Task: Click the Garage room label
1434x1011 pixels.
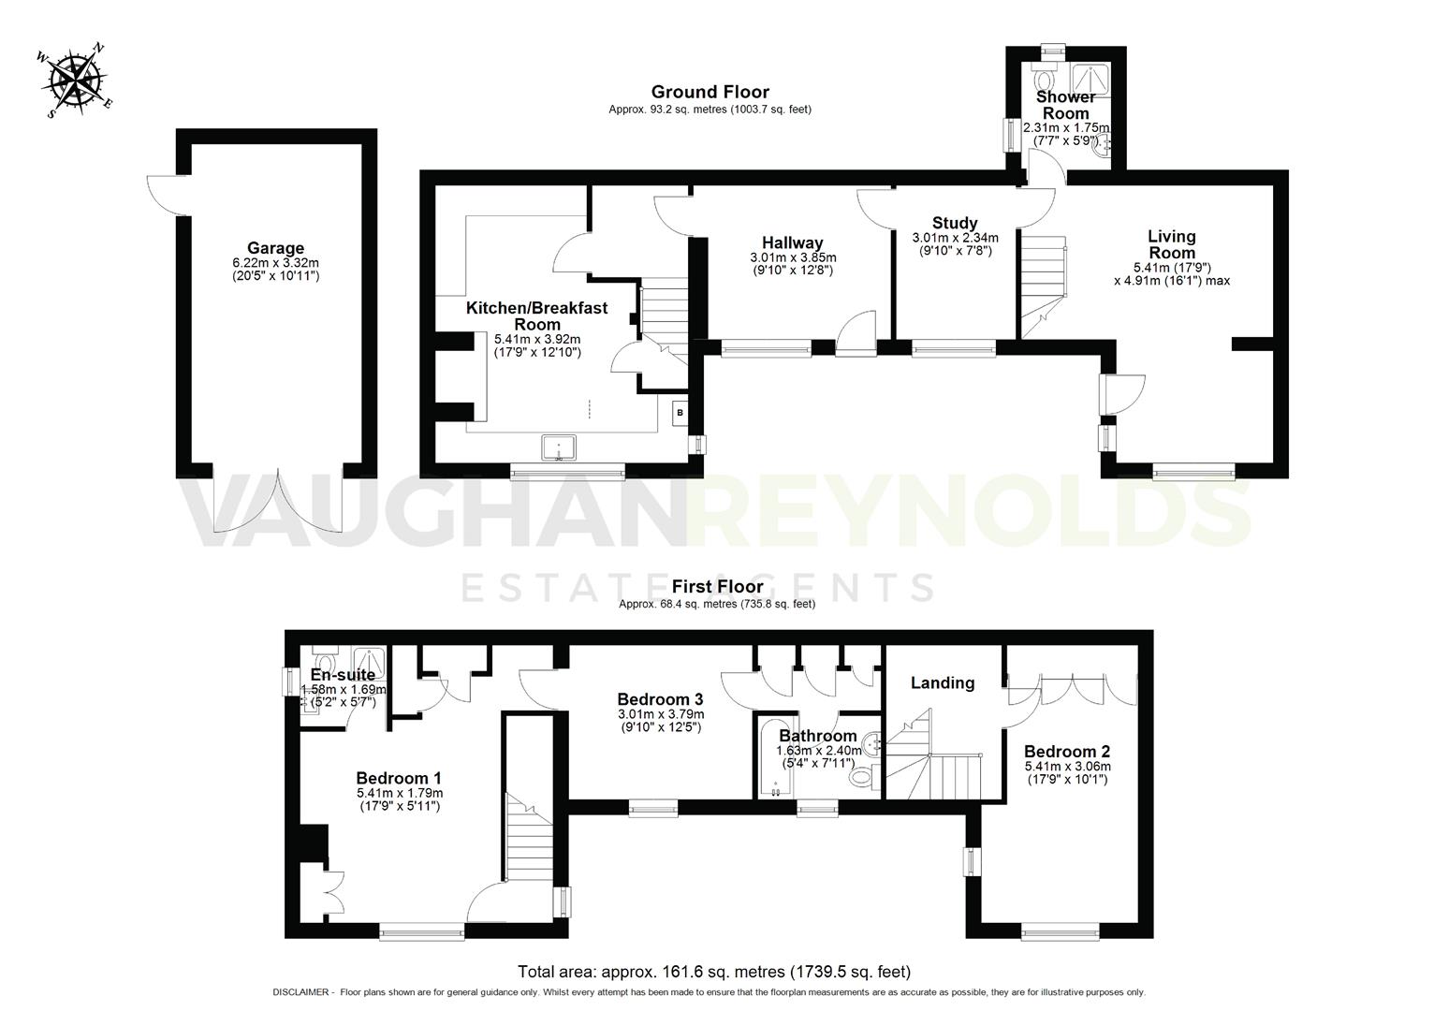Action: coord(275,248)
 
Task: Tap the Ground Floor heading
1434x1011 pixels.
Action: coord(710,92)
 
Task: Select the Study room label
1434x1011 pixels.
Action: coord(955,223)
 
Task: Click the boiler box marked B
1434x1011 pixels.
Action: coord(680,412)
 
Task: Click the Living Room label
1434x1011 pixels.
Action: coord(1171,244)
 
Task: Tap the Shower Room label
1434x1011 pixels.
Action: coord(1065,105)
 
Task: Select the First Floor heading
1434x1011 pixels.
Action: coord(717,587)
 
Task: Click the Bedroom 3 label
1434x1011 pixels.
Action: coord(660,699)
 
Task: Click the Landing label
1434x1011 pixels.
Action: coord(942,682)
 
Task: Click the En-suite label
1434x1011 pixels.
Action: coord(343,675)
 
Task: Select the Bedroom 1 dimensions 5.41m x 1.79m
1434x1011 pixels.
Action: coord(399,793)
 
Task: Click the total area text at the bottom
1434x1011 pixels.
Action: coord(713,972)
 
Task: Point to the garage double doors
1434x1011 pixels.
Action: coord(276,501)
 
